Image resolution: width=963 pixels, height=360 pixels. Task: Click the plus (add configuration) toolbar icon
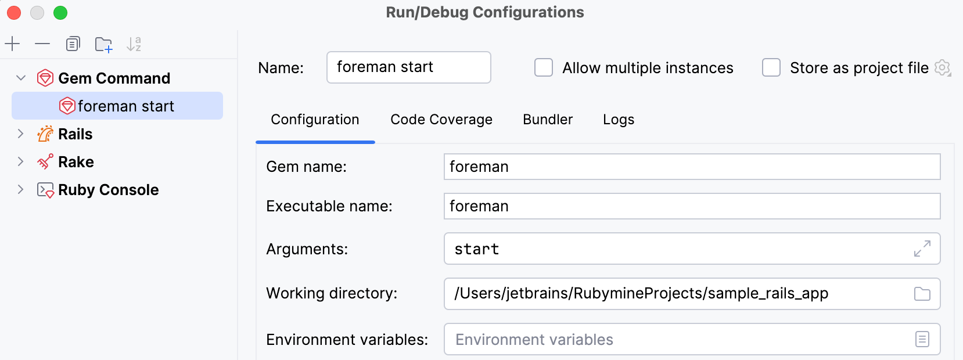12,44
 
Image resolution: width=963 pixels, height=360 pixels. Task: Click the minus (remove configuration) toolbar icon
42,44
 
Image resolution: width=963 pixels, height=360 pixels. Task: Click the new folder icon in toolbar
103,44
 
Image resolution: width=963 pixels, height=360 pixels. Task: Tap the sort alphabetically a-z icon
134,44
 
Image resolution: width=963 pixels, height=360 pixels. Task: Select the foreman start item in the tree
125,106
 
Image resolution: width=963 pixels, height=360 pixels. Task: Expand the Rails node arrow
20,134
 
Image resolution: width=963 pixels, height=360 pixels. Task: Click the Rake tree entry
76,162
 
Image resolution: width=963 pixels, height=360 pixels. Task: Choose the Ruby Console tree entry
108,190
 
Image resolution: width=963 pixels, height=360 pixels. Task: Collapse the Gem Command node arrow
21,78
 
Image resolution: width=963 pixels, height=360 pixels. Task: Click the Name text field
408,67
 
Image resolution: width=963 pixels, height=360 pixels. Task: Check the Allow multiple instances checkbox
544,68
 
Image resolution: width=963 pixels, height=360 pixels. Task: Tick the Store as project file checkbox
771,68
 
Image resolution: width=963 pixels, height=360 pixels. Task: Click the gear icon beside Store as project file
942,68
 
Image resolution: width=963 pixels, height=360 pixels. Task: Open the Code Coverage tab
441,120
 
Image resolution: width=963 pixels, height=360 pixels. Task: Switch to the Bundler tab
547,120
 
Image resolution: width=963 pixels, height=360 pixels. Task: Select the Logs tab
618,120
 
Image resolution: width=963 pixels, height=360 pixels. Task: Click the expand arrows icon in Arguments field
922,249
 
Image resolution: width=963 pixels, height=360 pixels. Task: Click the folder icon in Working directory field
922,294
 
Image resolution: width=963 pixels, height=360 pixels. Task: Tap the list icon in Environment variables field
922,339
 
